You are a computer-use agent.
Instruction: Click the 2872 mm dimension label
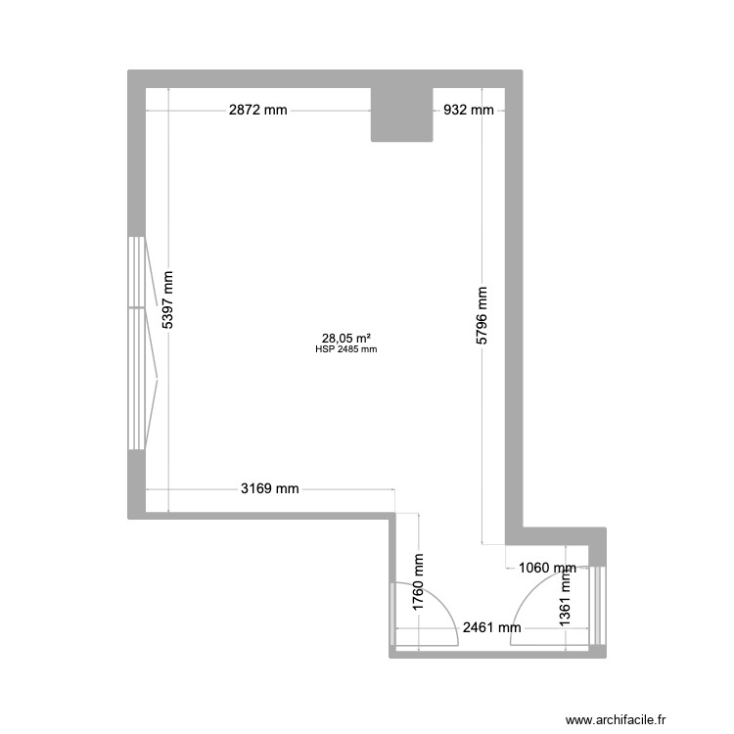click(258, 111)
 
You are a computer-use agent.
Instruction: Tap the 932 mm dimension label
click(469, 111)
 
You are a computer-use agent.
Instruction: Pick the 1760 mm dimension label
click(418, 584)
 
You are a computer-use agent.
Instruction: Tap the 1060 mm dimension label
click(547, 567)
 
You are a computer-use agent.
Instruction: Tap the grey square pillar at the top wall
click(401, 114)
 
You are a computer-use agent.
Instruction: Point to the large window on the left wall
click(136, 343)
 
